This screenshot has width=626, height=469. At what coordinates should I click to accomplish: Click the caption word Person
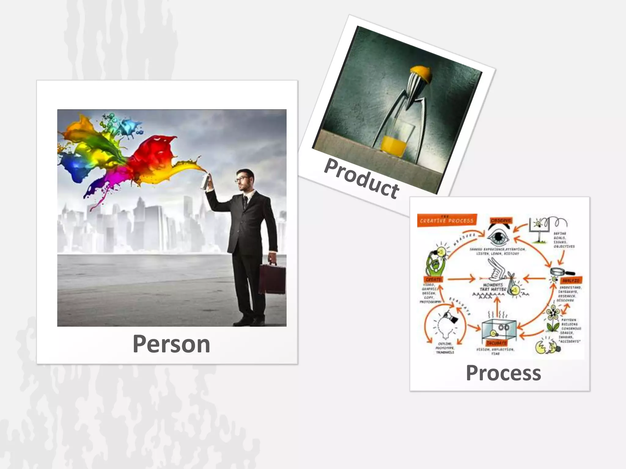(x=171, y=344)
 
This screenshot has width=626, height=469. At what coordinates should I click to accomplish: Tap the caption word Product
(x=362, y=179)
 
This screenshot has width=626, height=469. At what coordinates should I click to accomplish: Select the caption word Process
(x=503, y=373)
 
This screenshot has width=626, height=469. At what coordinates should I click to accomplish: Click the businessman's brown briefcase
(x=272, y=279)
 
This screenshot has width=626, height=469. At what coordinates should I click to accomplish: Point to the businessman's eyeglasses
(x=242, y=179)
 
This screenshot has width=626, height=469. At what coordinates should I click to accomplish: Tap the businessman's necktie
(x=245, y=202)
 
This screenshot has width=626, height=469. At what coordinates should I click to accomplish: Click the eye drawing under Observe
(x=499, y=237)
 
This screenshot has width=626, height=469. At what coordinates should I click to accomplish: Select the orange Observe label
(x=501, y=220)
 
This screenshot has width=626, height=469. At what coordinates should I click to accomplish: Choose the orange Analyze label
(x=570, y=280)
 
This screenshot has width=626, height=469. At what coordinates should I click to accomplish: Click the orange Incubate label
(x=496, y=343)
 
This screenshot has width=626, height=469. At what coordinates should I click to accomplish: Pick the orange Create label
(x=433, y=279)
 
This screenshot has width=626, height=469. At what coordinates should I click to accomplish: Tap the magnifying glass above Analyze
(x=561, y=271)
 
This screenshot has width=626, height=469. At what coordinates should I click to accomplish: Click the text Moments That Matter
(x=493, y=287)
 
